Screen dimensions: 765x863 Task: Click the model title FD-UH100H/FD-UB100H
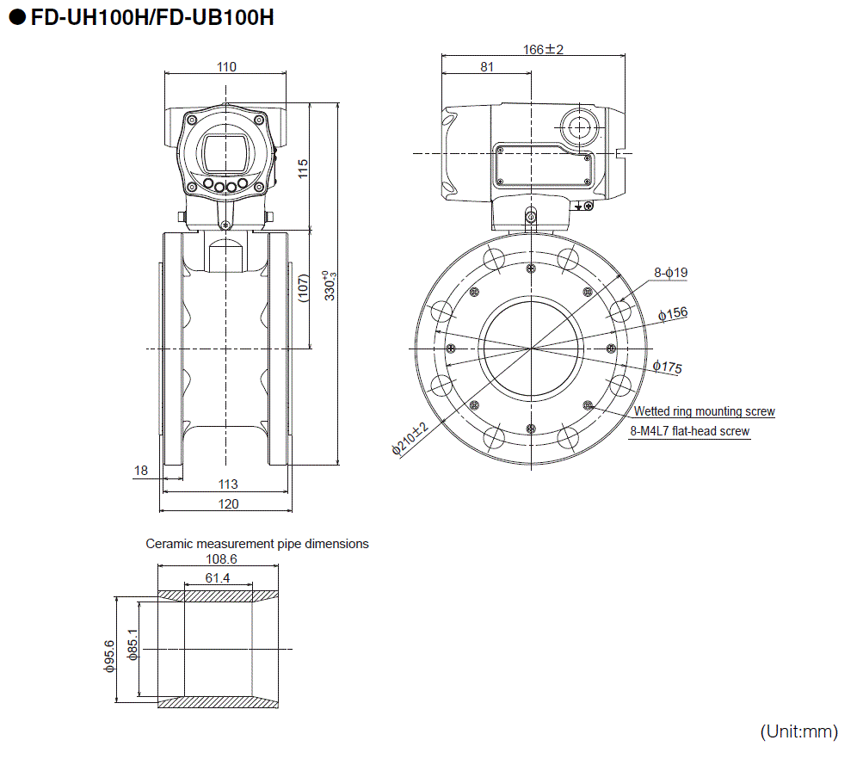(x=152, y=17)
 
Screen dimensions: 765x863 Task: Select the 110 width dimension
(x=226, y=67)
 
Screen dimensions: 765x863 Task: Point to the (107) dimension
(x=302, y=288)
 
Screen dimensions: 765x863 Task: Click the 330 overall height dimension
(x=329, y=286)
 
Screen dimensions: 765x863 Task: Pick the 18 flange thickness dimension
(x=141, y=470)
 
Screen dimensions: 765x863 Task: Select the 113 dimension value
(x=227, y=484)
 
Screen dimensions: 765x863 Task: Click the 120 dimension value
(x=227, y=504)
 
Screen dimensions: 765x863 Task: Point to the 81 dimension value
(x=487, y=67)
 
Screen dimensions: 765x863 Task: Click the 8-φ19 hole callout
(x=670, y=273)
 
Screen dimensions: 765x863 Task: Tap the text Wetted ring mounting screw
(x=704, y=411)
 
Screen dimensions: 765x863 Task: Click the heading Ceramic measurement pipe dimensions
(x=257, y=544)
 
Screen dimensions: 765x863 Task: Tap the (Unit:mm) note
(x=798, y=732)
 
